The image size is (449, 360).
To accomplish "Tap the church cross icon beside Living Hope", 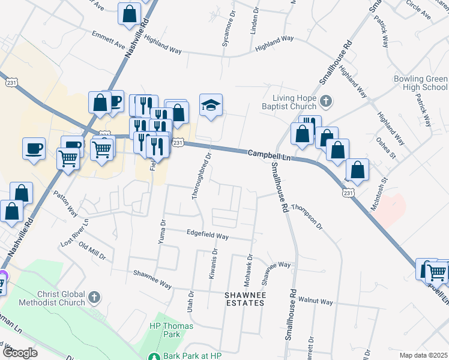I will [326, 100].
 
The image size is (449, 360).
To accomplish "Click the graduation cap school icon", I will [211, 106].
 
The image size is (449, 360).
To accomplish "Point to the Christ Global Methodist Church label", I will [44, 298].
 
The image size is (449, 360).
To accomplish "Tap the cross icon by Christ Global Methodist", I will [94, 297].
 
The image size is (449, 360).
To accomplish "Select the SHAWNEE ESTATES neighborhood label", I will [244, 299].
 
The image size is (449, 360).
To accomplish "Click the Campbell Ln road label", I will [270, 155].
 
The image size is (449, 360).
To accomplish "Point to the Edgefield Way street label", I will [208, 236].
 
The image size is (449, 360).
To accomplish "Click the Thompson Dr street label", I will [307, 217].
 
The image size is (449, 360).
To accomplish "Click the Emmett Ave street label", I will [108, 41].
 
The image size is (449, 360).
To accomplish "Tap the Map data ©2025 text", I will [424, 355].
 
